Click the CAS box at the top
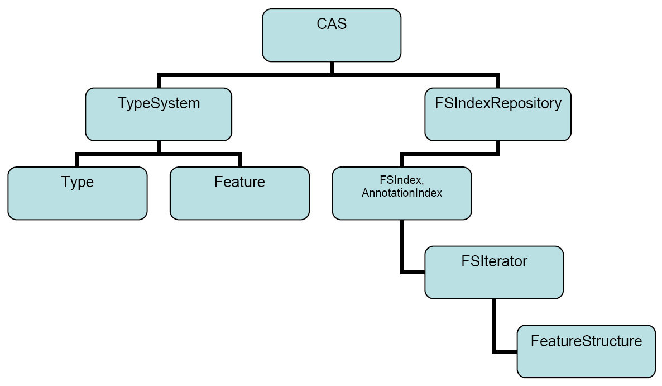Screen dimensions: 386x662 coord(332,35)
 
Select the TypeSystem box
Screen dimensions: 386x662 coord(159,114)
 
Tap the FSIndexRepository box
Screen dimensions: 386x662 coord(497,114)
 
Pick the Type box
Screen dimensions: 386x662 coord(78,193)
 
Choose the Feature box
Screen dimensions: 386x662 coord(239,193)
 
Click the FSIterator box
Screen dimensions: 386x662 coord(494,273)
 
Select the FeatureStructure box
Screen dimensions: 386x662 coord(586,351)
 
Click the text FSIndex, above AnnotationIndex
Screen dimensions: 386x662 coord(402,183)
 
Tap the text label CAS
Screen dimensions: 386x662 coord(332,24)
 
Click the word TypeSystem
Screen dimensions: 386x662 coord(159,104)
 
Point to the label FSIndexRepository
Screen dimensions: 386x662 coord(497,104)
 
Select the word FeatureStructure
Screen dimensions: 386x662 coord(586,341)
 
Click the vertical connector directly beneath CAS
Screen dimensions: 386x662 coord(332,68)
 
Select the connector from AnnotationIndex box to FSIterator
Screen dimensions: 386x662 coord(402,246)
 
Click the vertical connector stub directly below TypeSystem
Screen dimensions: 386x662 coord(159,146)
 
